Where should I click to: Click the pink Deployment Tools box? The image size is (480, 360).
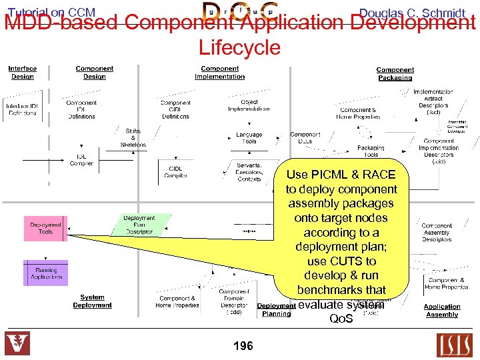(x=45, y=228)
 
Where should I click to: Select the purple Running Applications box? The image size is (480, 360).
(x=46, y=273)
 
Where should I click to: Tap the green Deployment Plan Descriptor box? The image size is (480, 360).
(x=139, y=225)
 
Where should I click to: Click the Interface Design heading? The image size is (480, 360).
(x=23, y=73)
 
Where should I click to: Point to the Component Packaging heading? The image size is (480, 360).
(x=395, y=73)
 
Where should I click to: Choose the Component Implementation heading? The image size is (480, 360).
(x=219, y=73)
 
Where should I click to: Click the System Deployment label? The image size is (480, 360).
(x=92, y=301)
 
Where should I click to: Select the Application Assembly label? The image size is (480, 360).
(x=442, y=311)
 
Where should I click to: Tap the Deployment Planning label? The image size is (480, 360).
(x=276, y=310)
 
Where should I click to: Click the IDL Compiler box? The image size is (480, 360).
(x=81, y=160)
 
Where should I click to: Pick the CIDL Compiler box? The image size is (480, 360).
(x=175, y=172)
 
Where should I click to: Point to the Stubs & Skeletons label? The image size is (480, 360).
(x=133, y=137)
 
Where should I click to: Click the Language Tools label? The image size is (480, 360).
(x=249, y=138)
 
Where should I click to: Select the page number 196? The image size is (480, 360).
(x=243, y=346)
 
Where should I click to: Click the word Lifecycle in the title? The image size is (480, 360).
(x=239, y=47)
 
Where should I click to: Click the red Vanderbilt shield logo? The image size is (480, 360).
(x=18, y=344)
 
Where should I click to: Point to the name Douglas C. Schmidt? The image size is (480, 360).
(x=411, y=13)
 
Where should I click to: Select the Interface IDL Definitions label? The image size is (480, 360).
(x=23, y=110)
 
